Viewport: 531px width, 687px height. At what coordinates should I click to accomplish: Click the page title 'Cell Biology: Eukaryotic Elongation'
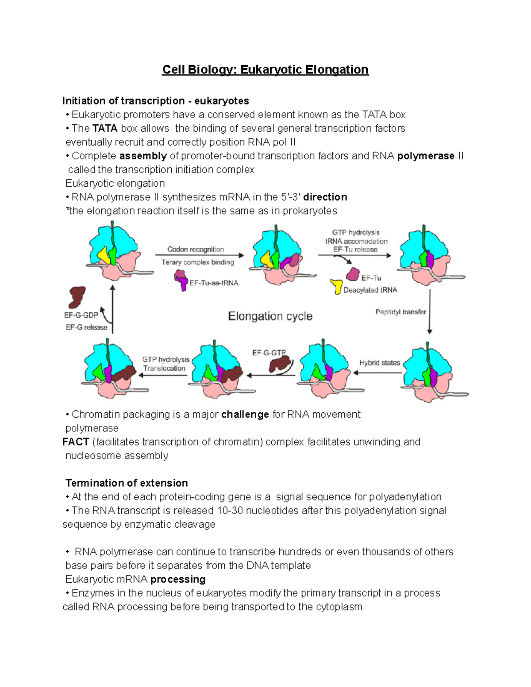(265, 70)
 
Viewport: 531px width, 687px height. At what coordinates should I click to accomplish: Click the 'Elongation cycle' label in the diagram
(270, 316)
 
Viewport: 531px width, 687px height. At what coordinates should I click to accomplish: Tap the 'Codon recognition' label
(196, 249)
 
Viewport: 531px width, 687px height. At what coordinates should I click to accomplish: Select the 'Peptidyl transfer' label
(400, 312)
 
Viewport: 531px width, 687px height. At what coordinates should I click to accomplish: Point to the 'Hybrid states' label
(379, 363)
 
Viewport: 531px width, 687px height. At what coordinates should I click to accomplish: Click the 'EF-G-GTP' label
(269, 353)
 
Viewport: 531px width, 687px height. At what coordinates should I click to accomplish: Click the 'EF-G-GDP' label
(81, 315)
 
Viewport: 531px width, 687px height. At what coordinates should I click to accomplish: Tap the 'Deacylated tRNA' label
(370, 290)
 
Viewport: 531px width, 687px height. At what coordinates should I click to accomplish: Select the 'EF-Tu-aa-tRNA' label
(214, 283)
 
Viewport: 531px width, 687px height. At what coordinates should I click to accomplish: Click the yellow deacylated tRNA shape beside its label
(337, 287)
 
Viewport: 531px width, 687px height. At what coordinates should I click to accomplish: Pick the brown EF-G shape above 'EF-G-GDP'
(77, 296)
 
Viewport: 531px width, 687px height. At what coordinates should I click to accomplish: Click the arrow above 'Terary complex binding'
(199, 255)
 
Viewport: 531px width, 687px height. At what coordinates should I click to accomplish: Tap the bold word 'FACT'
(76, 442)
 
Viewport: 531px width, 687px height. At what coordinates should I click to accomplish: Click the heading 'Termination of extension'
(127, 483)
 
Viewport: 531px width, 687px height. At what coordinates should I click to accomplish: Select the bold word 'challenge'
(245, 415)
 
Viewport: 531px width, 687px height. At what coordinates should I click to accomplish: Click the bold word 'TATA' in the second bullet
(105, 129)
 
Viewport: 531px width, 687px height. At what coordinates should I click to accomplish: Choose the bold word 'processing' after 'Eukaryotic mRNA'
(178, 580)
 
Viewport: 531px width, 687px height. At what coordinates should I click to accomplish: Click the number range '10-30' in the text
(230, 510)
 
